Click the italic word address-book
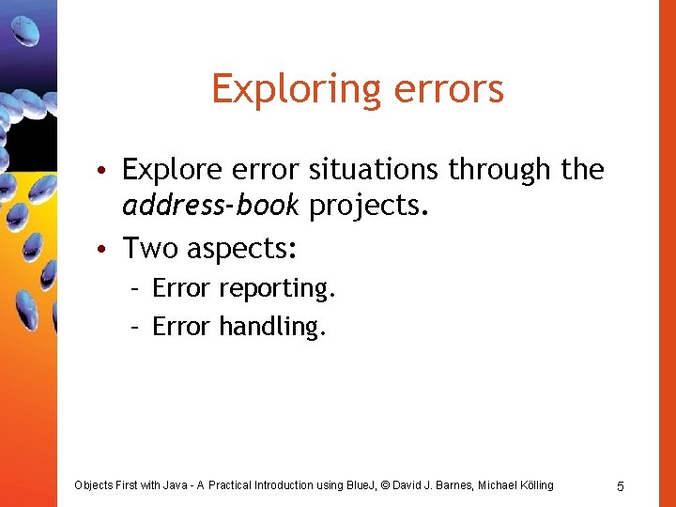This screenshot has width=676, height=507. pyautogui.click(x=210, y=206)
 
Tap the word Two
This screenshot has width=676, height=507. pyautogui.click(x=150, y=248)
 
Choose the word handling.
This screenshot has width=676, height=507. pyautogui.click(x=273, y=327)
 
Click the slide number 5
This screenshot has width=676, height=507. pyautogui.click(x=621, y=486)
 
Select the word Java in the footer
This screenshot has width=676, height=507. pyautogui.click(x=177, y=485)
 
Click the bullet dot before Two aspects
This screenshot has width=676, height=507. pyautogui.click(x=110, y=249)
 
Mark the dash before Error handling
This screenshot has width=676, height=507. pyautogui.click(x=135, y=327)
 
